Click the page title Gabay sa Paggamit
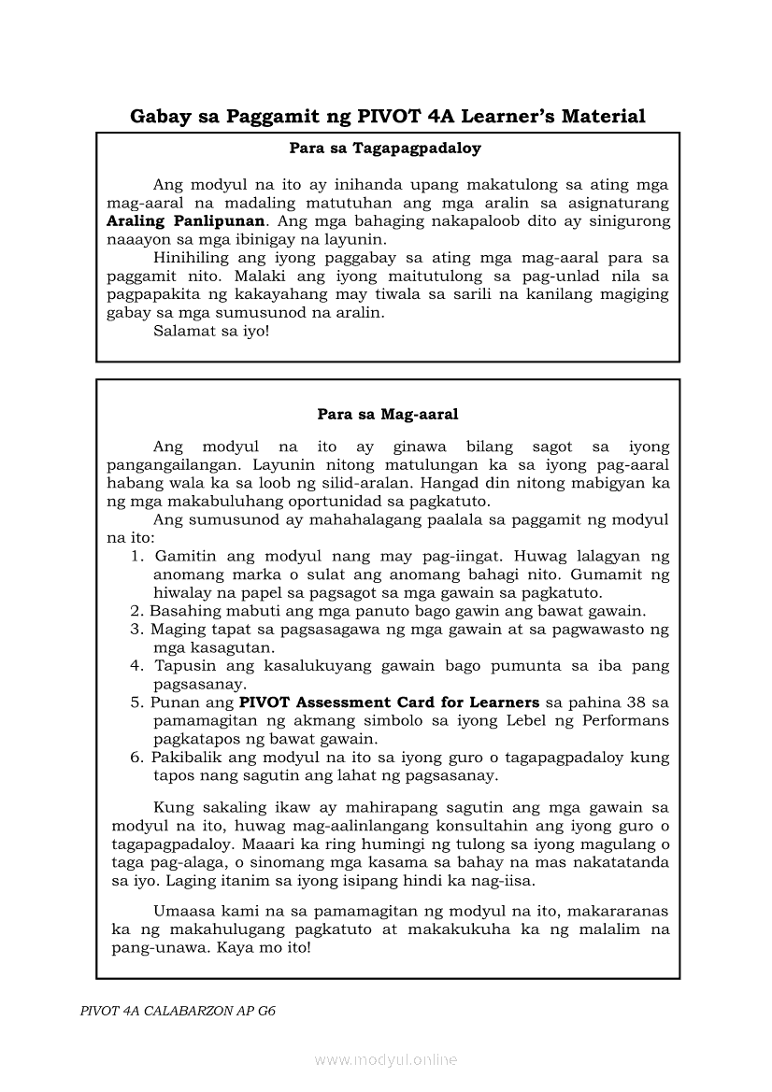387,117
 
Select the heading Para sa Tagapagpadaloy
385,148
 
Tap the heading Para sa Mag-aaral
387,413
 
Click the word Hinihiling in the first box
192,258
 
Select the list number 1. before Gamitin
136,557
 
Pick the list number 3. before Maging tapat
136,630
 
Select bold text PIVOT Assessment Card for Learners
389,702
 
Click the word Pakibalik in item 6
185,757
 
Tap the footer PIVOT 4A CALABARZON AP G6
178,1011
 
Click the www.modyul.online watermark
386,1059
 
